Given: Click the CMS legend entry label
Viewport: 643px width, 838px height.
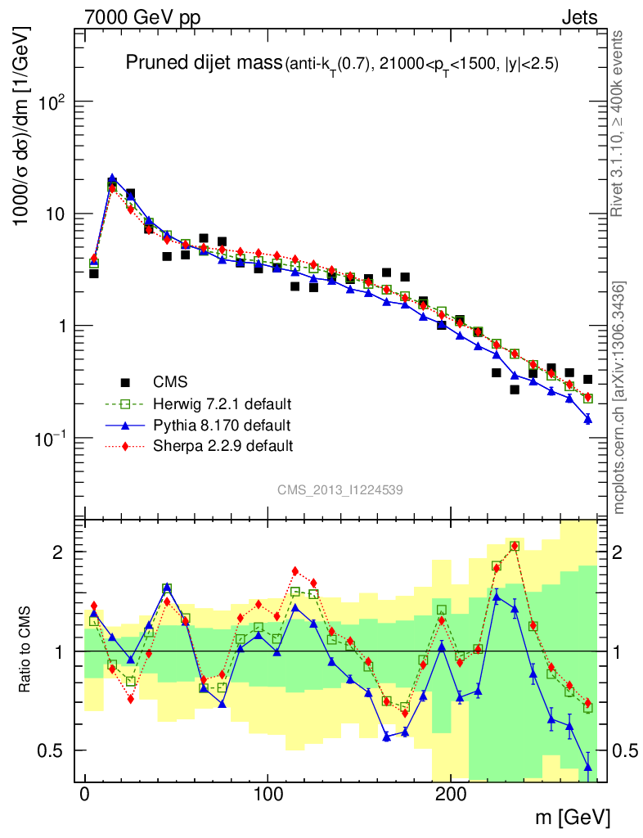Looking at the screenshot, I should [170, 381].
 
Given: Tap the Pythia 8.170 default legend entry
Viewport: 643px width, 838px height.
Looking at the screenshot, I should [222, 425].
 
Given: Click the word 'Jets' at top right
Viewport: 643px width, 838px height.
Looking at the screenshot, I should [578, 18].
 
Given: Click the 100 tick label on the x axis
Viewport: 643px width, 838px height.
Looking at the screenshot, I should [268, 795].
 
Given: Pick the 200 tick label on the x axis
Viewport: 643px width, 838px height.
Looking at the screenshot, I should [451, 795].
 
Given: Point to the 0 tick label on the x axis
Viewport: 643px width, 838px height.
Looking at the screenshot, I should [85, 795].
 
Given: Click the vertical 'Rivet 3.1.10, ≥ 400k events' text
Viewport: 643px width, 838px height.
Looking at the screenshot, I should [618, 123].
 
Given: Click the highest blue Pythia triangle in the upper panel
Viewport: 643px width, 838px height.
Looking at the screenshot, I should [112, 178].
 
